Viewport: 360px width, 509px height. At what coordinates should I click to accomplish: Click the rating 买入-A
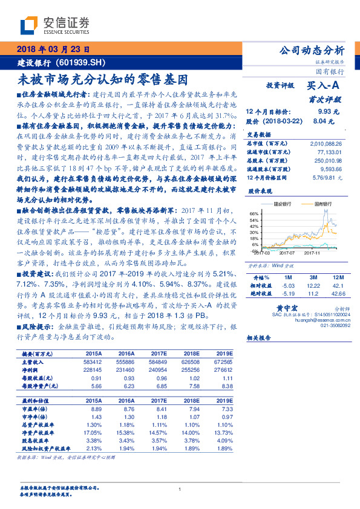click(x=324, y=86)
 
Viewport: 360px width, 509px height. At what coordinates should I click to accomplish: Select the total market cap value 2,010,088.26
click(x=326, y=143)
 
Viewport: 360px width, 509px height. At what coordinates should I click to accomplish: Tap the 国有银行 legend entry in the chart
click(x=322, y=204)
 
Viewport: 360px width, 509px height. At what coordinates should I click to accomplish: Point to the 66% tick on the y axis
click(x=254, y=213)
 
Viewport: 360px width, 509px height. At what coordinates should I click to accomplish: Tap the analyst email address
click(x=318, y=321)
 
